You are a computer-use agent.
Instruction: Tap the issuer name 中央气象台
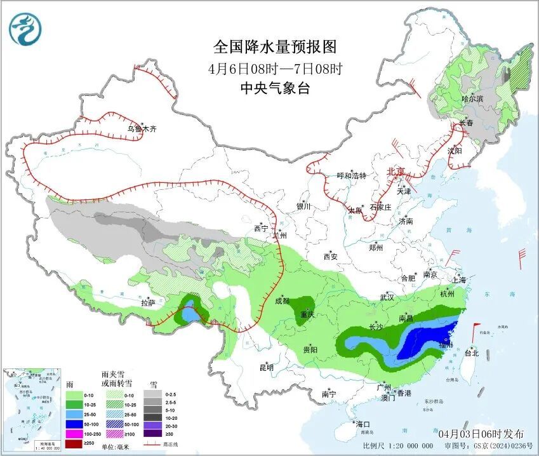click(275, 88)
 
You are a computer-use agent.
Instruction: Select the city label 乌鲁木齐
click(141, 129)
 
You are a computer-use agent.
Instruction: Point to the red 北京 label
click(396, 171)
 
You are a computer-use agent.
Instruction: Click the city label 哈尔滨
click(472, 99)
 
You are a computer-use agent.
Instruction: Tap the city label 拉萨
click(147, 303)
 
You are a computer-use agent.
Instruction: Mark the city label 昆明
click(266, 367)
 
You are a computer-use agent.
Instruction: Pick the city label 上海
click(458, 279)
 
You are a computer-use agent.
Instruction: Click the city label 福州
click(446, 345)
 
